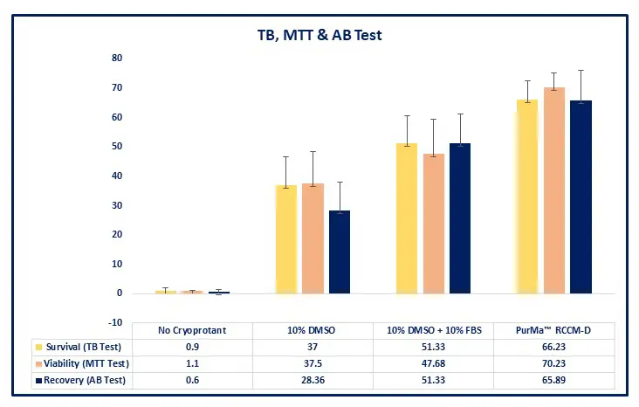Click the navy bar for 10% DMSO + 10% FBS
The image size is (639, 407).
point(459,218)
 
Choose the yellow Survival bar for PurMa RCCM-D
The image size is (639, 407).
point(526,196)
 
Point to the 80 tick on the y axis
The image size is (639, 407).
point(116,58)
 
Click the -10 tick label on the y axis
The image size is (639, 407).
point(114,323)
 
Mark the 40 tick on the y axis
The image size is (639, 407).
point(116,176)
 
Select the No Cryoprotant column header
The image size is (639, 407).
point(192,331)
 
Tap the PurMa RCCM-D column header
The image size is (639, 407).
point(554,331)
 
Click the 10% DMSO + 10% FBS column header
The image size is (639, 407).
point(433,331)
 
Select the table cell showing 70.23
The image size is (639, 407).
point(554,363)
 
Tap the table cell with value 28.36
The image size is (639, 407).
point(313,380)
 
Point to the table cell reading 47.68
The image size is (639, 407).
point(433,363)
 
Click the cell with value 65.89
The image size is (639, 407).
point(554,380)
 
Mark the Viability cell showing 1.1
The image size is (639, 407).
point(192,363)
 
